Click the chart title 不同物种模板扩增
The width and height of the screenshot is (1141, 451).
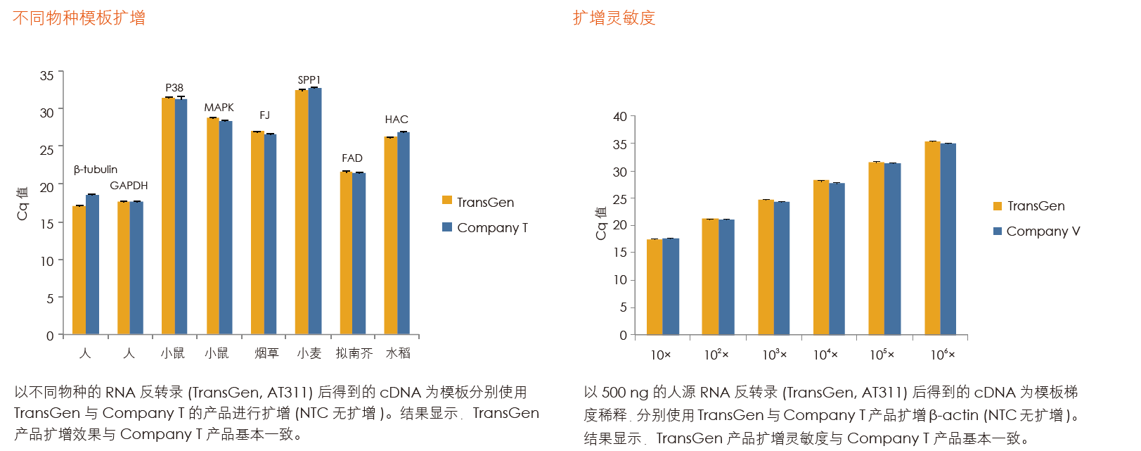(79, 18)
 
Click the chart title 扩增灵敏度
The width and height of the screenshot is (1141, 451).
(614, 18)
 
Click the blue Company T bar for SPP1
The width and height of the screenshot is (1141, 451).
(315, 211)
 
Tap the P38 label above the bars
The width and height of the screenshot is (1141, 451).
(174, 88)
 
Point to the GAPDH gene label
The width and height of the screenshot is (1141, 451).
(129, 186)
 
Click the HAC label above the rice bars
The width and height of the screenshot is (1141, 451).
(397, 120)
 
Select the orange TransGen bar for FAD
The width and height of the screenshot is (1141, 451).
(346, 253)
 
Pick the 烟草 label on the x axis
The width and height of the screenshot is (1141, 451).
(266, 353)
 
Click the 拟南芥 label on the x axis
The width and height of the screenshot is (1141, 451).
(354, 353)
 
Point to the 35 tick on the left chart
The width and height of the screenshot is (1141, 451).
(47, 75)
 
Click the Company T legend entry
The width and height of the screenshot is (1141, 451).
(485, 227)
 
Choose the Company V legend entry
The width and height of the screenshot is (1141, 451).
(1036, 231)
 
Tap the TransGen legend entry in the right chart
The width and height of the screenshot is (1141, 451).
(1029, 206)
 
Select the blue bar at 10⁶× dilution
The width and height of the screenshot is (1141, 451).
(948, 239)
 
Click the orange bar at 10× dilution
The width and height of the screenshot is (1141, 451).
(655, 287)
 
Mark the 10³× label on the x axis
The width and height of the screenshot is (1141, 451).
(774, 355)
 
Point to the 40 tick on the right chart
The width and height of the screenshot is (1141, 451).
(620, 117)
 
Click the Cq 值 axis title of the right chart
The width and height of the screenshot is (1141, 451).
(601, 223)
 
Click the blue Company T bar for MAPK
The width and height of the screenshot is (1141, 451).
(226, 227)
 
